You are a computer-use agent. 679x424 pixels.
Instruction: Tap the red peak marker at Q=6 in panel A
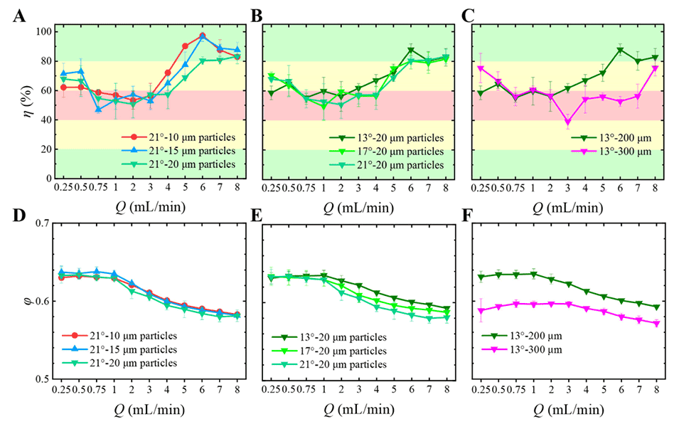pos(203,36)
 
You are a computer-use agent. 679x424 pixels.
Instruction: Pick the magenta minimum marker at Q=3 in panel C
pos(567,122)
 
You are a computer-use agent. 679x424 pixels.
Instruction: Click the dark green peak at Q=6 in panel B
pos(412,50)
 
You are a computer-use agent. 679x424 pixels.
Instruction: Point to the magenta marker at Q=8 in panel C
pos(655,68)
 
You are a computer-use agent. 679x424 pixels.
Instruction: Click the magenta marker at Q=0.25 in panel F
pos(481,310)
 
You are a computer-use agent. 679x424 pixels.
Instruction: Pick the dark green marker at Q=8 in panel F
pos(655,307)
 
